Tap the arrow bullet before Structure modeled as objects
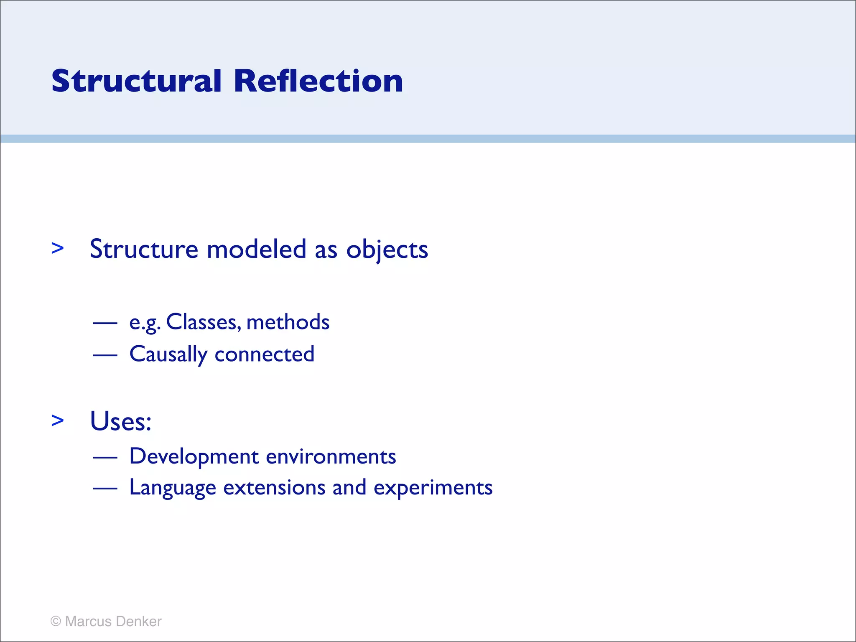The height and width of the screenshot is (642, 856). click(x=58, y=248)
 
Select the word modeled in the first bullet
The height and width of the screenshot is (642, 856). click(x=257, y=249)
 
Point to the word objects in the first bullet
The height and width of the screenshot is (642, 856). click(x=387, y=250)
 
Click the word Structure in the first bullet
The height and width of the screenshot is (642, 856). click(x=144, y=249)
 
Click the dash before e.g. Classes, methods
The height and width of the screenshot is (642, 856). click(x=105, y=323)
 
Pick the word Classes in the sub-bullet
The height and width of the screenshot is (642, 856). click(x=203, y=322)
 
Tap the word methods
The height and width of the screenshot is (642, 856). click(x=288, y=322)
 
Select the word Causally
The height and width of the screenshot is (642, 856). click(x=168, y=354)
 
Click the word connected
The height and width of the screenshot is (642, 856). click(x=264, y=354)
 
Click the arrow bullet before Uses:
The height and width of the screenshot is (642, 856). click(x=58, y=420)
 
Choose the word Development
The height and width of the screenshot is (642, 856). click(x=194, y=456)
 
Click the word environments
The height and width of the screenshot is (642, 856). click(x=331, y=456)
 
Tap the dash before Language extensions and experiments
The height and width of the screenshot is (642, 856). click(x=105, y=488)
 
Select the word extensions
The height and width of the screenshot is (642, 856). click(x=274, y=487)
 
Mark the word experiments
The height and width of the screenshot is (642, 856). click(x=433, y=488)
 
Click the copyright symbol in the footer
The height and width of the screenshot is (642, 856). click(x=56, y=621)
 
